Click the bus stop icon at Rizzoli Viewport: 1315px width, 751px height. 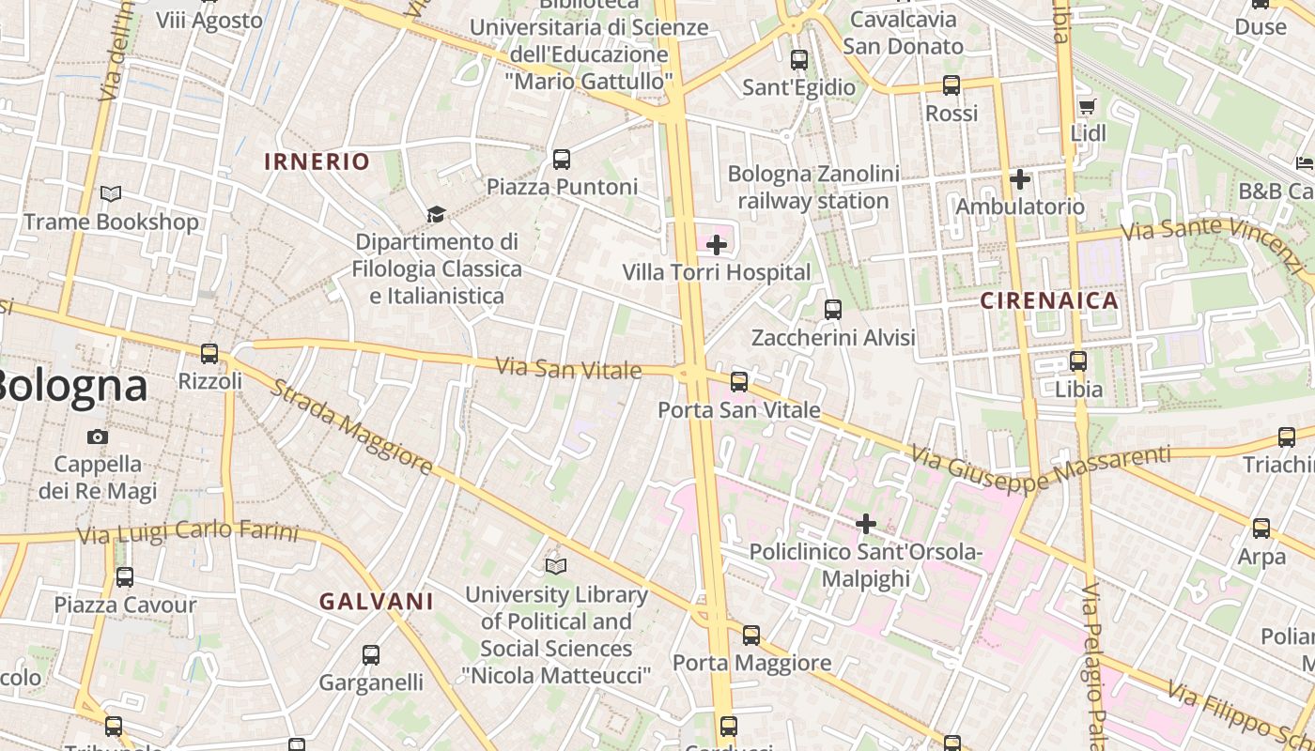click(209, 354)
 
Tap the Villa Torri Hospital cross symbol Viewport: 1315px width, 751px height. click(717, 246)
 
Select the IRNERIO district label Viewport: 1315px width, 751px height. click(317, 161)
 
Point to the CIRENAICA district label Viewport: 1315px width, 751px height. click(1049, 301)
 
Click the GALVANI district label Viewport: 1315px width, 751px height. click(376, 602)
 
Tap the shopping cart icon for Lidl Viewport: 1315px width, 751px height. click(1088, 107)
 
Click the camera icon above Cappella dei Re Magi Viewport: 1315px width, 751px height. click(97, 437)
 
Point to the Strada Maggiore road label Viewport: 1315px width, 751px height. click(351, 427)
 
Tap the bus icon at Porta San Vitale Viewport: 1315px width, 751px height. click(739, 382)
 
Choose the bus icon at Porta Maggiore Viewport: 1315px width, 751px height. click(751, 636)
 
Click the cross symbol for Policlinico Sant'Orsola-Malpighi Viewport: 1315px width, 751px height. click(866, 524)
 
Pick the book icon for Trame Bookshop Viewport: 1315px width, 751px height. click(111, 194)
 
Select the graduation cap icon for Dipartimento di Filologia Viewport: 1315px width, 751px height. click(436, 215)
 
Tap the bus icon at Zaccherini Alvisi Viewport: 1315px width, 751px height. click(832, 310)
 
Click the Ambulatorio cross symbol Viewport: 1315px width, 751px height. click(1020, 179)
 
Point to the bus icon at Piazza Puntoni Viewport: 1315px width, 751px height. click(562, 160)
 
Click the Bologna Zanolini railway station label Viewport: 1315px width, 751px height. click(813, 188)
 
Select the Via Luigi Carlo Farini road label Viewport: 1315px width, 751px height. click(188, 533)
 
